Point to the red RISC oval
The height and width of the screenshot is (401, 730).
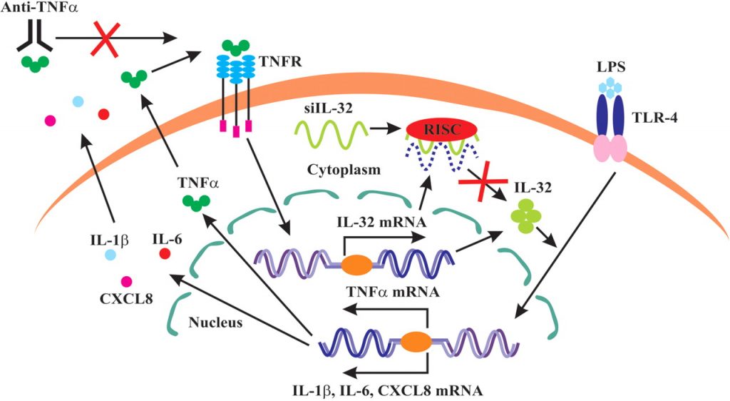pos(434,128)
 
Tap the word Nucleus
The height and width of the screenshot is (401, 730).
pos(215,322)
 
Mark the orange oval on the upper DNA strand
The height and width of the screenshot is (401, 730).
pos(356,265)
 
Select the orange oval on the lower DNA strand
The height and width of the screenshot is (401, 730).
pos(416,341)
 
